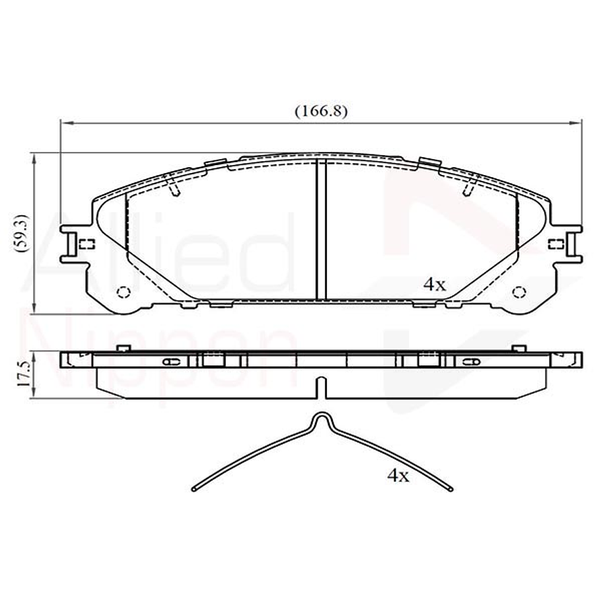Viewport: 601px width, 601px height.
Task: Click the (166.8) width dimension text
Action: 321,111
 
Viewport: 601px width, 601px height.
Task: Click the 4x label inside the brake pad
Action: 435,285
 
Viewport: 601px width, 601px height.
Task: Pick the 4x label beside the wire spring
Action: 398,475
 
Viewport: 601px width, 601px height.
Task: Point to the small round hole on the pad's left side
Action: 122,292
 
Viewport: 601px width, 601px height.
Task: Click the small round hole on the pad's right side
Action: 518,292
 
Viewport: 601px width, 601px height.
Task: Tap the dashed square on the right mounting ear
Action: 557,244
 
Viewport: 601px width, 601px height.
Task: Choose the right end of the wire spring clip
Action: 450,489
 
